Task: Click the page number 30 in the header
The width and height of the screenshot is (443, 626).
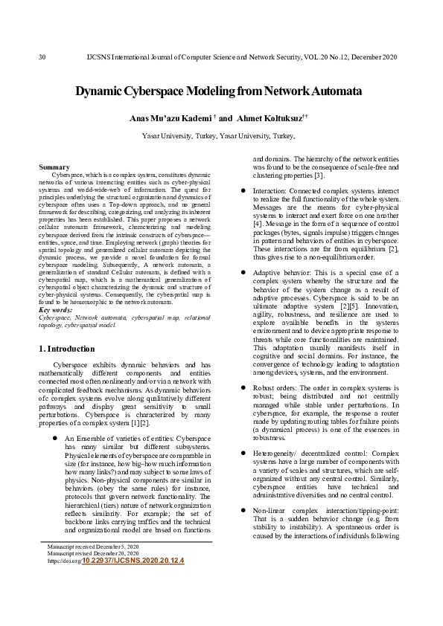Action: (42, 57)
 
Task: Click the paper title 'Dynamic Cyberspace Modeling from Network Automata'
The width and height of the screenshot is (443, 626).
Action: (218, 91)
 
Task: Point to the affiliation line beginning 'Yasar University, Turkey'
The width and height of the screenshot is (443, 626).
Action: (218, 136)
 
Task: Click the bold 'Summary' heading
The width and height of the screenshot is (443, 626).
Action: (54, 167)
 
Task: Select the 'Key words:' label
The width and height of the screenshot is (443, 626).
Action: (57, 309)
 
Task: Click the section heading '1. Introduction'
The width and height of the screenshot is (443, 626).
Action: (66, 349)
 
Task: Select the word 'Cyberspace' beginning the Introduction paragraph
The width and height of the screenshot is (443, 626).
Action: (73, 365)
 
